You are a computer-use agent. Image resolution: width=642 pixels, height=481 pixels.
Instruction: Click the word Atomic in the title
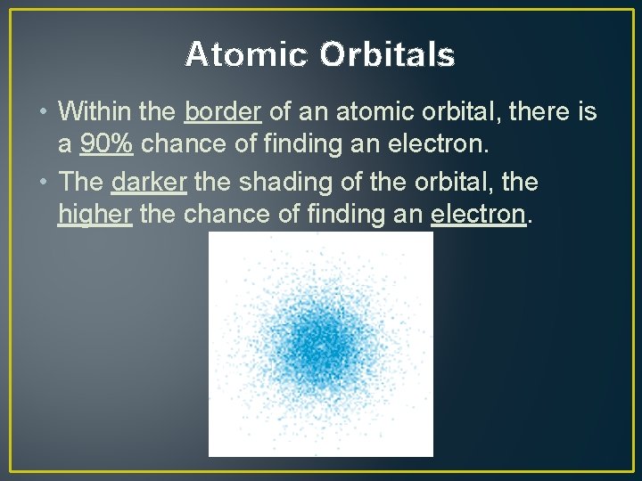(x=246, y=55)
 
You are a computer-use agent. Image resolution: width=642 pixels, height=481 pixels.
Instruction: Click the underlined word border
(x=222, y=112)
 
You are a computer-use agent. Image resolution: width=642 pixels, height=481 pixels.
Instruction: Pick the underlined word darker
(x=149, y=182)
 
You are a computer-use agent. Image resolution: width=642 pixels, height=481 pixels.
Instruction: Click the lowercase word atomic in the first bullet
(x=377, y=112)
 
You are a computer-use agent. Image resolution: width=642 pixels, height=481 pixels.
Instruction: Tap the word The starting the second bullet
(x=81, y=182)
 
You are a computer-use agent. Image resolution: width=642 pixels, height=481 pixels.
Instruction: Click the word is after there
(x=587, y=112)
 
